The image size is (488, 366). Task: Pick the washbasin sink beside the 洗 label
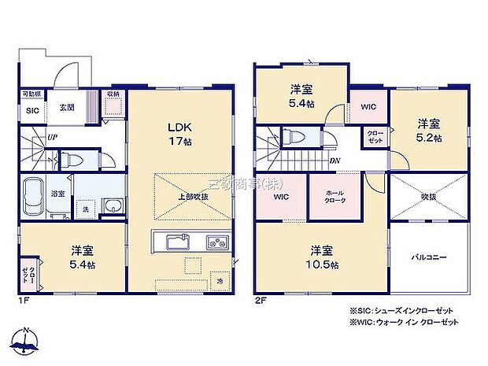coord(113,208)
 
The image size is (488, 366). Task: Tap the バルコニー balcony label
coord(429,257)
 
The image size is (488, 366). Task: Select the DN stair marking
coord(335,161)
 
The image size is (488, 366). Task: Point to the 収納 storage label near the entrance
coord(113,94)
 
